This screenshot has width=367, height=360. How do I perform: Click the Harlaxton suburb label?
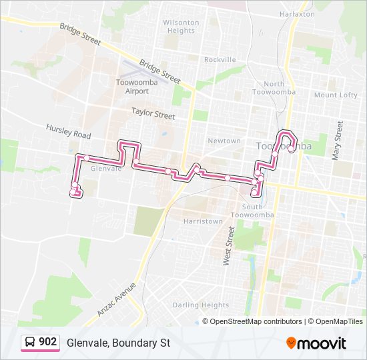(297, 13)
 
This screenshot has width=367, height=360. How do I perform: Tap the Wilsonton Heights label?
(180, 27)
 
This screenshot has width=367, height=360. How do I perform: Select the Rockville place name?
(220, 59)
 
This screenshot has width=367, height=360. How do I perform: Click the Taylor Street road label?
(153, 114)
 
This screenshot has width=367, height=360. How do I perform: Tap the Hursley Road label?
(68, 131)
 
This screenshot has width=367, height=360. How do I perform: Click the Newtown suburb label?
(224, 141)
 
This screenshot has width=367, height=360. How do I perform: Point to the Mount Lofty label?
(336, 95)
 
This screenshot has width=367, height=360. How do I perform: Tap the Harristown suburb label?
(203, 221)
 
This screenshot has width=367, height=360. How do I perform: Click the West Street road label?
(229, 247)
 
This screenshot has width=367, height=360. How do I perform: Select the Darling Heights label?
(200, 305)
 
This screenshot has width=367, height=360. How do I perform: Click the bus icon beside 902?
(29, 343)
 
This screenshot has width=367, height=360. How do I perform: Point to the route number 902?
(47, 342)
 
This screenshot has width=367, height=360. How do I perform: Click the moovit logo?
(316, 343)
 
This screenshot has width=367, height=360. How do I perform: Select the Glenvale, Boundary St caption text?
(118, 343)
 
